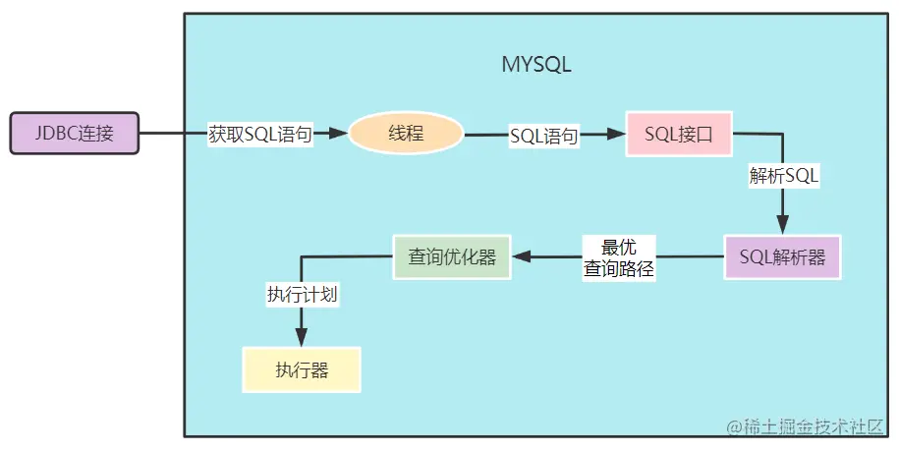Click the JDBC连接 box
(x=74, y=133)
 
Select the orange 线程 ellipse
(x=406, y=134)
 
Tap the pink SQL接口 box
(x=679, y=134)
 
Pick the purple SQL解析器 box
(x=782, y=257)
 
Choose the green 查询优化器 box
(x=452, y=257)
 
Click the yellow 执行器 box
(x=302, y=370)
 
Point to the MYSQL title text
(x=535, y=66)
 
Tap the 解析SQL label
(x=784, y=177)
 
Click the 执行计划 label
(x=303, y=293)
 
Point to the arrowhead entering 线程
(x=341, y=134)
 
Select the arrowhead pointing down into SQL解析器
(x=782, y=227)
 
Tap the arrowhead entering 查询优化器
(x=521, y=256)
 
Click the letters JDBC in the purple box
(x=56, y=133)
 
